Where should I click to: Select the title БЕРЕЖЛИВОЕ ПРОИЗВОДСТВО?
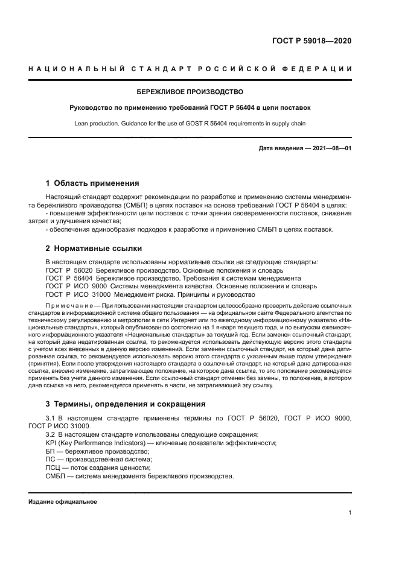[190, 92]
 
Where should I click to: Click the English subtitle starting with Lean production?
[190, 124]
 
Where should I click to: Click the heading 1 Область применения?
[92, 183]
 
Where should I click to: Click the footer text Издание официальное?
[62, 501]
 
